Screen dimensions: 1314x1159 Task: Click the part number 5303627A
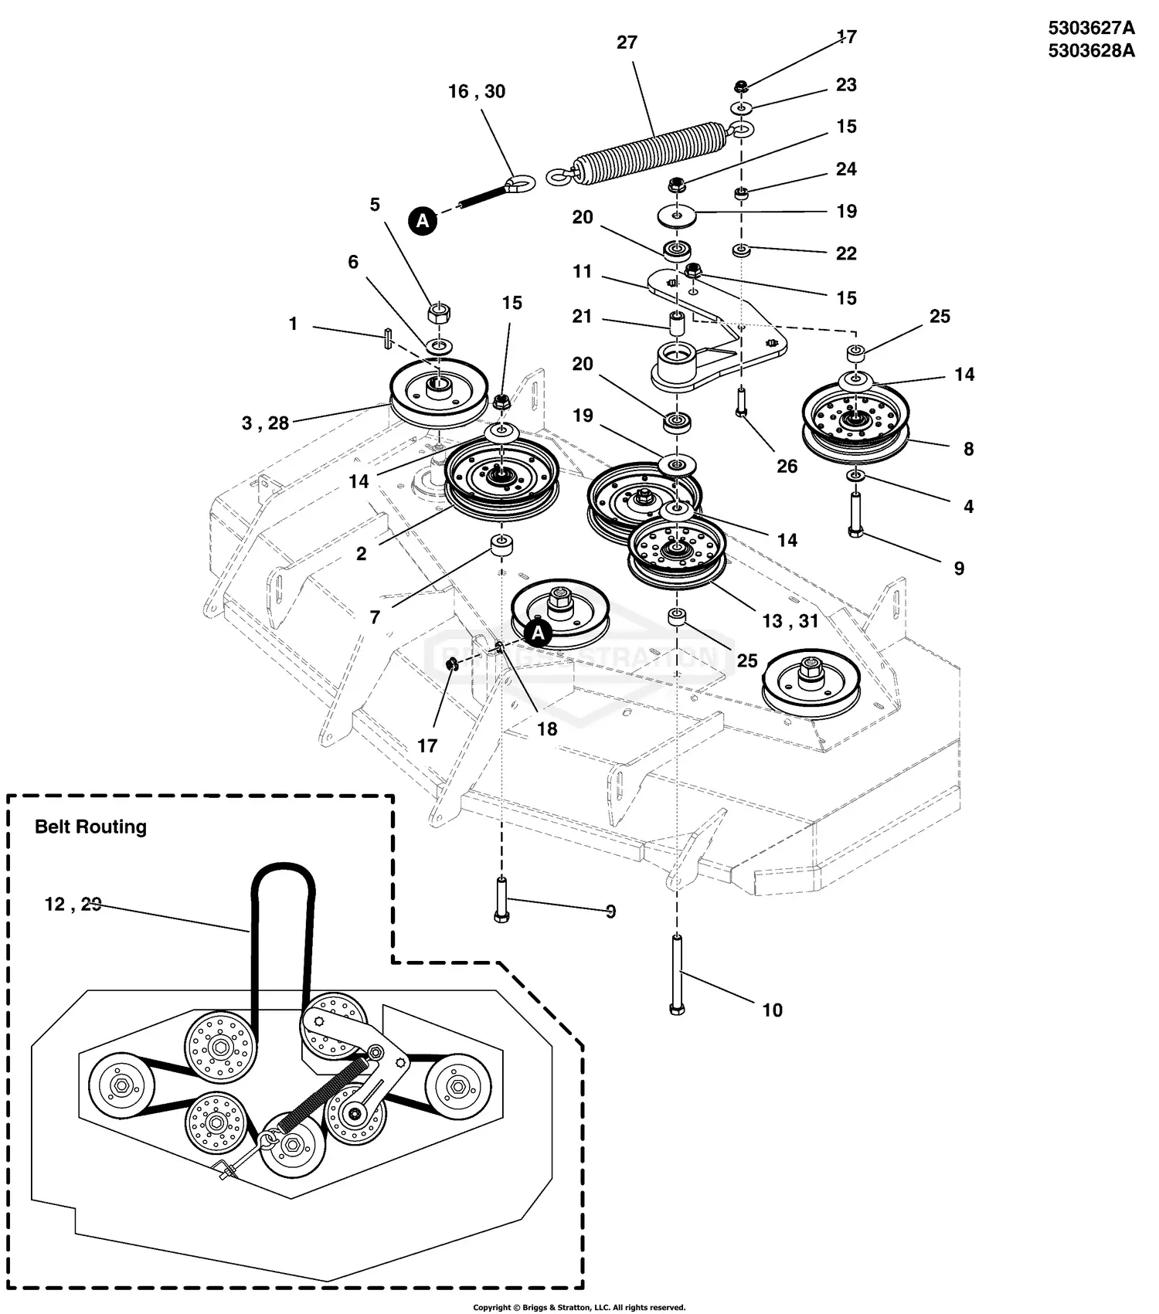coord(1091,29)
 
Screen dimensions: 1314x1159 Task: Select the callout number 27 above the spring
coord(627,42)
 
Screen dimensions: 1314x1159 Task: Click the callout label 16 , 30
coord(477,92)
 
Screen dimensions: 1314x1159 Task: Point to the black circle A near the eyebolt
coord(423,221)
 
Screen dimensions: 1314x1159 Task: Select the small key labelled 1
coord(387,338)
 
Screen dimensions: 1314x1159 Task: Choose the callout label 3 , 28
coord(265,423)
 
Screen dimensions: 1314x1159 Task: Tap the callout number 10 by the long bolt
coord(772,1010)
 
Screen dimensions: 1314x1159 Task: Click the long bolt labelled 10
coord(677,973)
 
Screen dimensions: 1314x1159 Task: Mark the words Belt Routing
coord(90,827)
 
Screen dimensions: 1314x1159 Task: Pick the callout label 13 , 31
coord(790,621)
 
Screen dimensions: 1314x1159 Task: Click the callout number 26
coord(787,467)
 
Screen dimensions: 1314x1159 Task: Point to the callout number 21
coord(582,317)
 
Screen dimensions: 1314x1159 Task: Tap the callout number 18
coord(546,729)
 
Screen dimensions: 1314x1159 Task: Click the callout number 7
coord(375,617)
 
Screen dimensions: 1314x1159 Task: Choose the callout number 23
coord(846,85)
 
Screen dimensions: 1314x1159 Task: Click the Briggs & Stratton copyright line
coord(579,1308)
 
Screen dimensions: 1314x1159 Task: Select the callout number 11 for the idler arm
coord(582,272)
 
